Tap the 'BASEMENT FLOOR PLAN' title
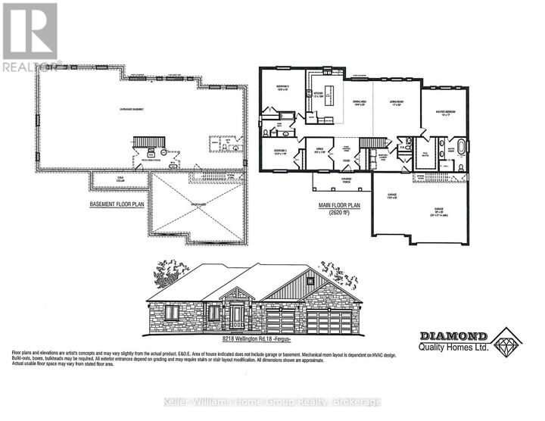coord(117,204)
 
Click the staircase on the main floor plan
coord(369,143)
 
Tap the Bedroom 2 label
coord(279,88)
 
